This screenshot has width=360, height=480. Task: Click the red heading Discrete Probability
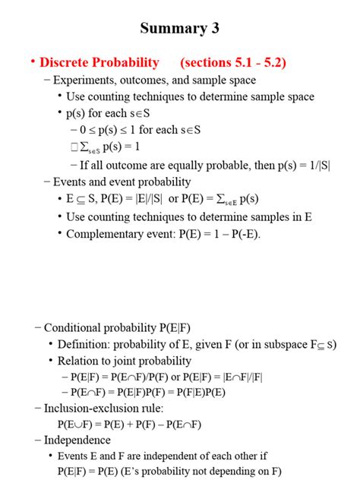[x=99, y=62]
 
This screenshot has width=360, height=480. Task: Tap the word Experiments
[x=84, y=80]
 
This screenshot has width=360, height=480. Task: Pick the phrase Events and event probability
[x=122, y=182]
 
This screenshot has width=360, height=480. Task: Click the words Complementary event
[x=114, y=234]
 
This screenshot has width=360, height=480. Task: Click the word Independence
[x=77, y=440]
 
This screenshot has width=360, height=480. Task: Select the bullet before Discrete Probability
[x=33, y=62]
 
